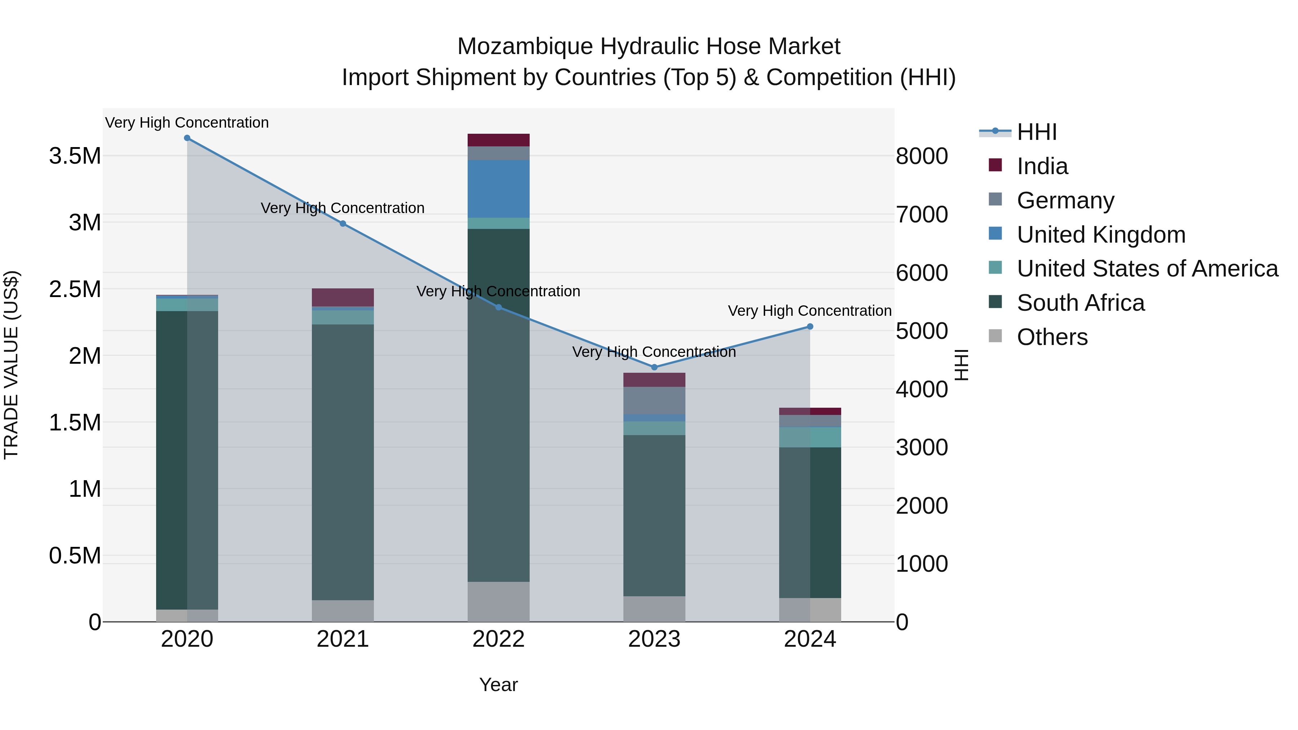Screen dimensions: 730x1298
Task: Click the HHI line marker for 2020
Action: click(187, 138)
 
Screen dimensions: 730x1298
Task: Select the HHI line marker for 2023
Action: click(654, 367)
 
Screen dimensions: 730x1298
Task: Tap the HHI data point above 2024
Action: click(810, 327)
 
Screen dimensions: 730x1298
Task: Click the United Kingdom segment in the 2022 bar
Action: click(498, 189)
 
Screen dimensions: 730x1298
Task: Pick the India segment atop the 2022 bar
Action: click(498, 140)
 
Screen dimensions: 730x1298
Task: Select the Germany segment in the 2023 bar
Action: click(654, 401)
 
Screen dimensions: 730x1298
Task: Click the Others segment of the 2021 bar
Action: click(343, 611)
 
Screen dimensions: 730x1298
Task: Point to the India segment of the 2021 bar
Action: click(343, 297)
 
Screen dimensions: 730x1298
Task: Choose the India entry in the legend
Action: click(1042, 166)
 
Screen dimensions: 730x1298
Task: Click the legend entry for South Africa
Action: click(1080, 303)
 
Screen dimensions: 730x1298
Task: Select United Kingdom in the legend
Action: click(1101, 235)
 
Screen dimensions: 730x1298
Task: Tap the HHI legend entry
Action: click(1037, 132)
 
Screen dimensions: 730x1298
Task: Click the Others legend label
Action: click(1052, 337)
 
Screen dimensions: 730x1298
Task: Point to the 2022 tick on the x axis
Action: click(498, 639)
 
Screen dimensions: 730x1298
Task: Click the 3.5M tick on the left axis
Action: click(75, 156)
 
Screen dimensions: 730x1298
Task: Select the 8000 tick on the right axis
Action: click(922, 156)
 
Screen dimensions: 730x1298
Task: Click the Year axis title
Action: click(498, 685)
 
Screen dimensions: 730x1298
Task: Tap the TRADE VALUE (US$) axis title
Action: click(11, 365)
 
